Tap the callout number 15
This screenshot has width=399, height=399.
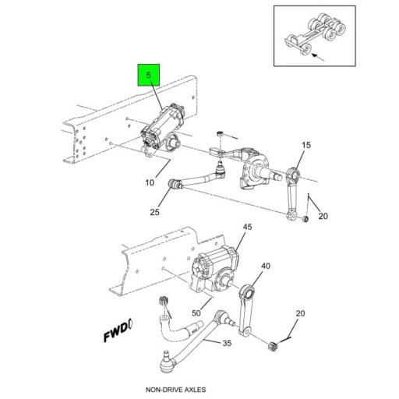[x=305, y=146]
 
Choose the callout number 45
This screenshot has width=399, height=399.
[x=248, y=228]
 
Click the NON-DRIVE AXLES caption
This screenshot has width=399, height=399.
[x=179, y=388]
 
